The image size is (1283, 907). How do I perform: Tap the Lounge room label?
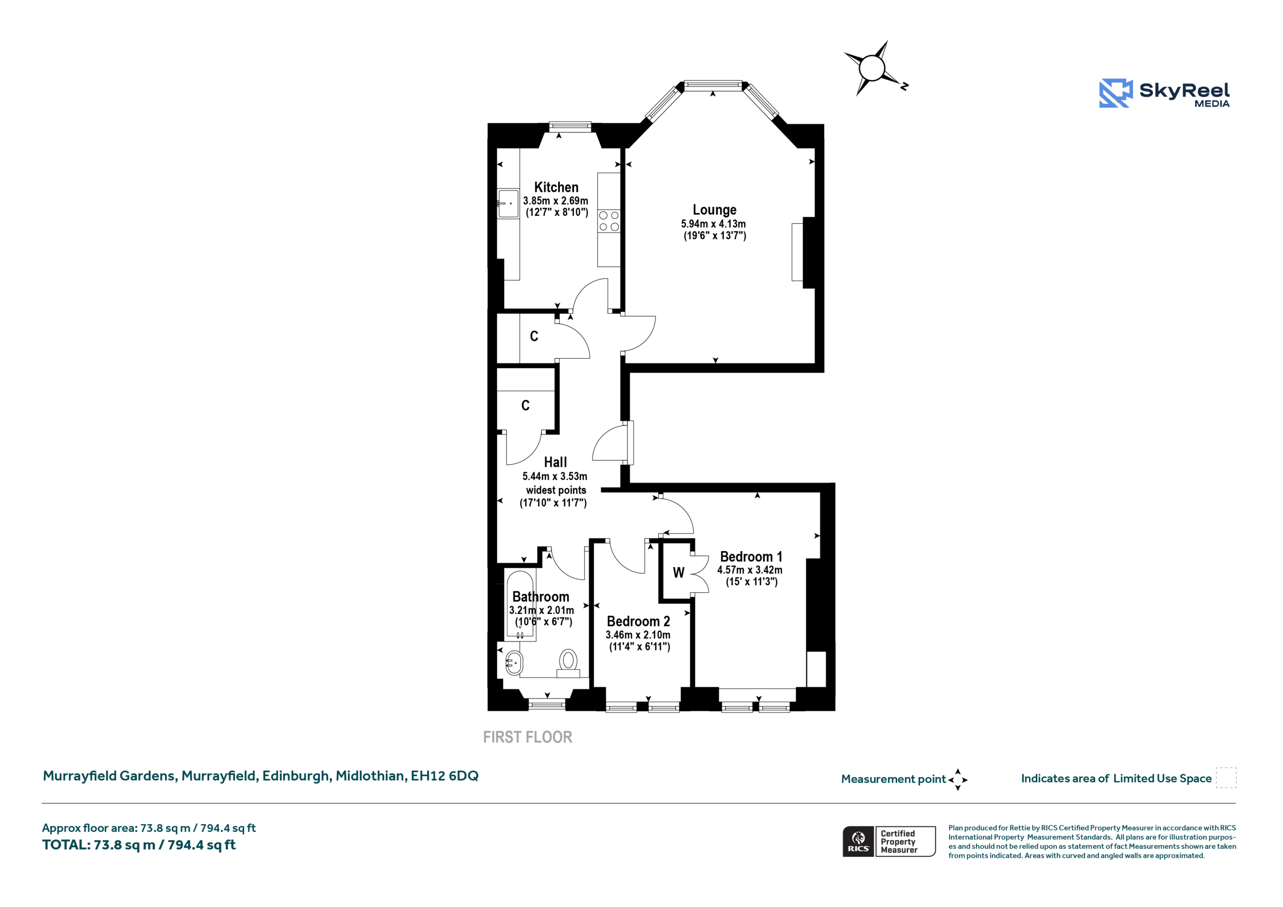715,210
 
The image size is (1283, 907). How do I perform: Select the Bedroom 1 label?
751,557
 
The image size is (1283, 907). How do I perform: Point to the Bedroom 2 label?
638,621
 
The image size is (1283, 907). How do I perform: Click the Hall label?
555,462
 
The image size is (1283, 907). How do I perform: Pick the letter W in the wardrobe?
679,572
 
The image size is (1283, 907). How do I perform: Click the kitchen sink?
508,203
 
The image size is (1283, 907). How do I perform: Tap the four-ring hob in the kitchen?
609,221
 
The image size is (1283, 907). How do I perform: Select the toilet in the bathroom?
568,663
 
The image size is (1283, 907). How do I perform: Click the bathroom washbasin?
514,663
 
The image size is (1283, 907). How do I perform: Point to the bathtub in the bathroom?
520,605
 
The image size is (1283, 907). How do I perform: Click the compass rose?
872,68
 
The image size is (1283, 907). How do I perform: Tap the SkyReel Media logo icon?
1116,93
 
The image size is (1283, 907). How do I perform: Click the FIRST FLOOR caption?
528,737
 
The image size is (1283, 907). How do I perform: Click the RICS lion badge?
859,841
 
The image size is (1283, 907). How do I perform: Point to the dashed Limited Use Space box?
1226,778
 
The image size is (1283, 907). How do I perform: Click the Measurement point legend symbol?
958,780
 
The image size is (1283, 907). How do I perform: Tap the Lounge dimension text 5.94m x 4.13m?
713,223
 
